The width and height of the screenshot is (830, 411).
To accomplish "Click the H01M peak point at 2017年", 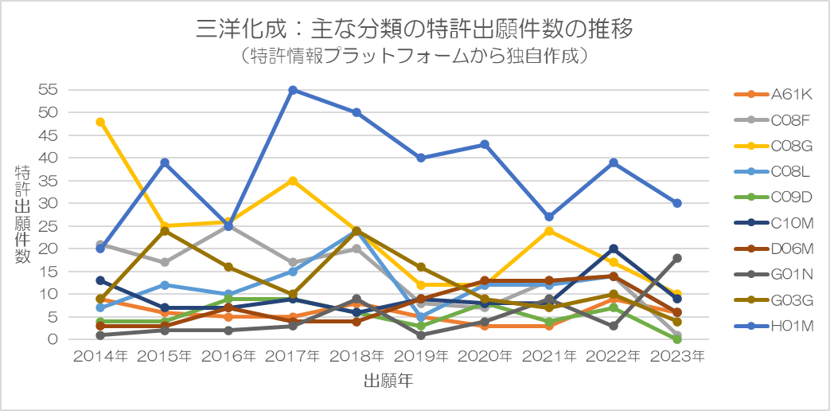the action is tap(293, 90).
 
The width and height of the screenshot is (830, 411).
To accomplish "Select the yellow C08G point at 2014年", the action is tap(100, 122).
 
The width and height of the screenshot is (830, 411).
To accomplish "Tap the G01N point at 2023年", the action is tap(676, 258).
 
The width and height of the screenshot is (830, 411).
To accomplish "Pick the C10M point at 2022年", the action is tap(613, 249).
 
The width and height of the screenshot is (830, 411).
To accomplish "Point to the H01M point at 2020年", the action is tap(485, 144).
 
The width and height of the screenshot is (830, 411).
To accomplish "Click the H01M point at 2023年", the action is tap(676, 203).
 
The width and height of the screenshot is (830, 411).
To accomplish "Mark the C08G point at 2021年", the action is tap(548, 230).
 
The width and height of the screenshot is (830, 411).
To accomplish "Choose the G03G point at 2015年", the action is tap(165, 230).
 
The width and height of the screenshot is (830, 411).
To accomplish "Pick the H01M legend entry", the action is tap(773, 327).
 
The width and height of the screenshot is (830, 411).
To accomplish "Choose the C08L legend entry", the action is tap(773, 172).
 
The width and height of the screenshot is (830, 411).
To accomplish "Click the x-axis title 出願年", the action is tap(388, 380).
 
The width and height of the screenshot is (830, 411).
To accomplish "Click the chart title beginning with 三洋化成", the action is tap(415, 29).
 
